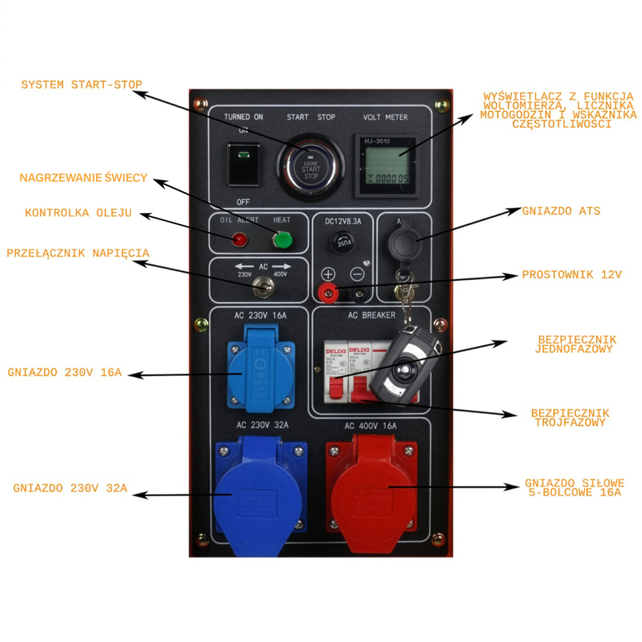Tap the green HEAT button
[282, 240]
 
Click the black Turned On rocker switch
[244, 164]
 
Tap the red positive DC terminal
[329, 294]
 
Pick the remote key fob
[406, 363]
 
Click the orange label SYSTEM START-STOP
[82, 85]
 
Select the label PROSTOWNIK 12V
[572, 275]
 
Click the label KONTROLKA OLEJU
[78, 213]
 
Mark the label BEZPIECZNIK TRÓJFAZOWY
[570, 418]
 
